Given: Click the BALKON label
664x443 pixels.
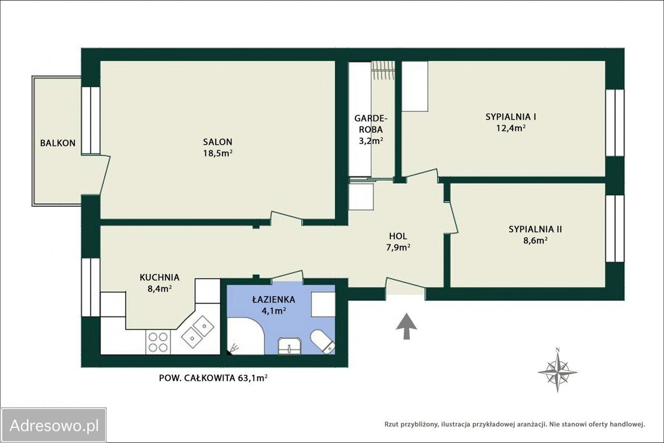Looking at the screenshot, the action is point(58,143).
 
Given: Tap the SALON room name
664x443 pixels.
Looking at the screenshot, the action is point(217,142).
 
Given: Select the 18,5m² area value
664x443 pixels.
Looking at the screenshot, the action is point(217,154).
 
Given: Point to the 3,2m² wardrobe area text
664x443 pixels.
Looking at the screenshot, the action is point(371,141).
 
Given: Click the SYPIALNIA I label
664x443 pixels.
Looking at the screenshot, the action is point(511,117).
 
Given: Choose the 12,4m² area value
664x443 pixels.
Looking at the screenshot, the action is point(511,128).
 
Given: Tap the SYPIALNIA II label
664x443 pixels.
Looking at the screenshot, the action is point(535,229).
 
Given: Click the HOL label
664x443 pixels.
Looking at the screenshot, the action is point(398,237).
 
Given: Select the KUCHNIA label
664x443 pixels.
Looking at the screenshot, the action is point(159,278).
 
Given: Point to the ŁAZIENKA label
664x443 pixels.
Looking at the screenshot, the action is point(273,299).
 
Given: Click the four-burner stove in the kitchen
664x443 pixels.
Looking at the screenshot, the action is point(158,342).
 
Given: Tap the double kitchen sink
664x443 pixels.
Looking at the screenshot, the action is point(198,331).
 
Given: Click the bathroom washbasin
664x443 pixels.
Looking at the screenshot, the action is point(289,346).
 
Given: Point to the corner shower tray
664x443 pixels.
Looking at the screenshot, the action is point(245,336).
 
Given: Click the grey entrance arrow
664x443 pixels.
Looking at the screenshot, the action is point(406,326).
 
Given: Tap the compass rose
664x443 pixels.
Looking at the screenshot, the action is point(557,371).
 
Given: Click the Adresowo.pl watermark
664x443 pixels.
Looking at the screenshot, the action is point(53,425).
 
